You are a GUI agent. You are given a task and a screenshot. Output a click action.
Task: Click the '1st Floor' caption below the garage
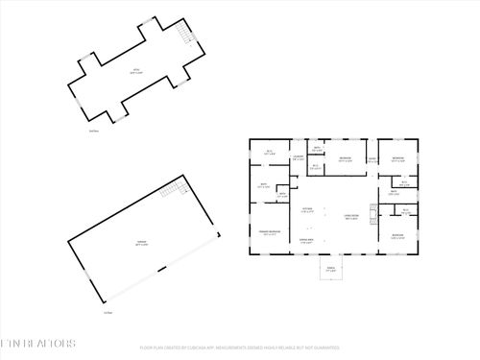click(x=108, y=312)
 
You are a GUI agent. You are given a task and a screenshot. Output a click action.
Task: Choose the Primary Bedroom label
click(x=269, y=232)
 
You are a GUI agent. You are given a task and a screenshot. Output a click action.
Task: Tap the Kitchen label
click(x=308, y=210)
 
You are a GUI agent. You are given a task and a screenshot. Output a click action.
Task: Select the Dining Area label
click(x=307, y=240)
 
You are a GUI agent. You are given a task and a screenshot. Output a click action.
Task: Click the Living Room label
click(x=351, y=217)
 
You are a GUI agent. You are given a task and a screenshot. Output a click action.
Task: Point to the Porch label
click(x=330, y=269)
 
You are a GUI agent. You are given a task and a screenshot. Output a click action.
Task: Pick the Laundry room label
click(x=299, y=156)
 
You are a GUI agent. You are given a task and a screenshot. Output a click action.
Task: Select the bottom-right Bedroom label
click(x=397, y=235)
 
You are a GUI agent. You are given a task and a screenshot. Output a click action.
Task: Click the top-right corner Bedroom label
click(x=397, y=159)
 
